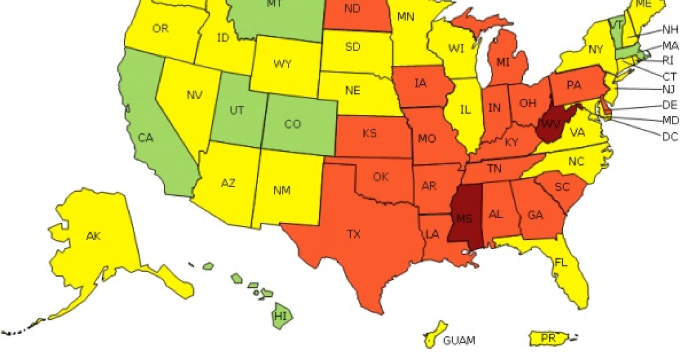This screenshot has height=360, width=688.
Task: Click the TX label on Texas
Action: [x=354, y=234]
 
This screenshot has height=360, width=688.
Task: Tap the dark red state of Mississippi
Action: [x=464, y=218]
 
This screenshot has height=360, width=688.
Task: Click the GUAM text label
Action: [x=459, y=341]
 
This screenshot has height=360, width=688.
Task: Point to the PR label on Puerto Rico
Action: [x=548, y=337]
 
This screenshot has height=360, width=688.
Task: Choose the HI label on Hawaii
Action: [x=281, y=317]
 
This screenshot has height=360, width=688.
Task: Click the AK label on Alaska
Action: [x=94, y=235]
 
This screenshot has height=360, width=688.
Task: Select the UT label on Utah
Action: [x=237, y=110]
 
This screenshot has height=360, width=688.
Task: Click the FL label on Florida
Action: [x=561, y=262]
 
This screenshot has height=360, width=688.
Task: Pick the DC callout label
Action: [x=670, y=137]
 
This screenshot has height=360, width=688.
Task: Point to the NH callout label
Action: [x=670, y=30]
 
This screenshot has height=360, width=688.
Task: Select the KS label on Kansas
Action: [x=369, y=134]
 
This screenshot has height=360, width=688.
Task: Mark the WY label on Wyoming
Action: [x=282, y=64]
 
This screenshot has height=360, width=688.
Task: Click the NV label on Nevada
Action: [x=194, y=95]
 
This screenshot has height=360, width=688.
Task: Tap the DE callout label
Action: [x=670, y=105]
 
